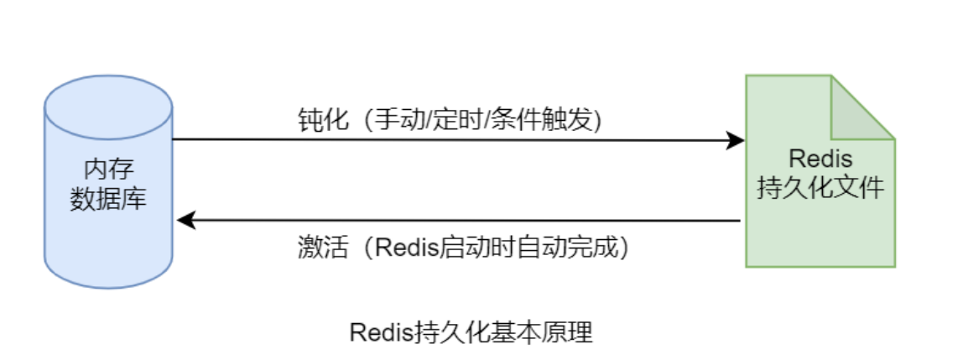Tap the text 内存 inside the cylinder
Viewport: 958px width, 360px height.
coord(108,168)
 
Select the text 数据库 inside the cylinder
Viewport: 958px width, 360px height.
coord(108,200)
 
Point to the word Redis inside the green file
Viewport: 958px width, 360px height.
coord(820,158)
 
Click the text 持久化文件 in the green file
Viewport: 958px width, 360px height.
coord(820,187)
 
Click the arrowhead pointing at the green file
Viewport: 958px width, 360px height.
coord(736,140)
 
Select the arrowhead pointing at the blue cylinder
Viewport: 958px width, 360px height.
coord(186,221)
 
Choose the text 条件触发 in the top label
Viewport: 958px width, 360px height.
coord(536,119)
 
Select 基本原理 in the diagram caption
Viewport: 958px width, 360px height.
coord(545,332)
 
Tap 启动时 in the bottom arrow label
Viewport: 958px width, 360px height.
coord(482,248)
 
